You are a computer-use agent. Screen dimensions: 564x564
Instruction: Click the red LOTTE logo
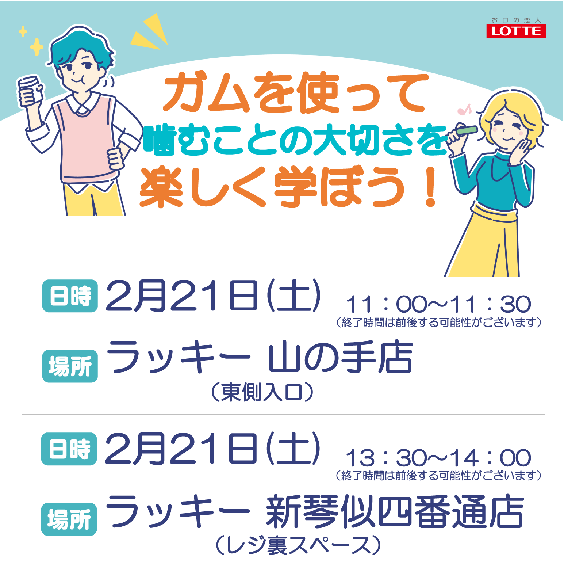coord(516,31)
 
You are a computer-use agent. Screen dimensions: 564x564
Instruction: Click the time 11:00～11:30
coord(438,304)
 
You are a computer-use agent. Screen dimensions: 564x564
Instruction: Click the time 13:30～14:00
coord(438,458)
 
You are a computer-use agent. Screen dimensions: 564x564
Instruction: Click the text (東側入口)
coord(262,392)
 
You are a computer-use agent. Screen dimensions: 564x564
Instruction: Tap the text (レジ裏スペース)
coord(298,546)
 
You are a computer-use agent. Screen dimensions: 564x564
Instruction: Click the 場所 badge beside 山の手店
coord(70,366)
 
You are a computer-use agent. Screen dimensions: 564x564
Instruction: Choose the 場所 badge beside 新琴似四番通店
coord(69,519)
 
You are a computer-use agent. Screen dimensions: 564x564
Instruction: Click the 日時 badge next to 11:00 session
coord(70,296)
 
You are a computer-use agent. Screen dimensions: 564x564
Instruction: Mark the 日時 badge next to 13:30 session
coord(69,449)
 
